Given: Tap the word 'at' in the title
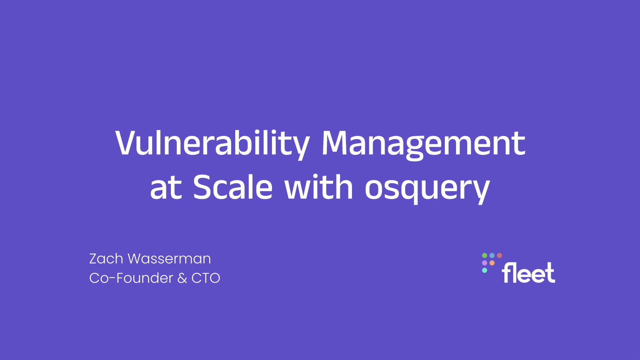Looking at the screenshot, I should click(166, 188).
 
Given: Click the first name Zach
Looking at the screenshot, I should click(106, 259).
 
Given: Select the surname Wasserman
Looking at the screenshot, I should click(169, 259).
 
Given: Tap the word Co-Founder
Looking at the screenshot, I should click(131, 278).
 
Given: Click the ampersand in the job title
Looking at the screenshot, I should click(182, 278).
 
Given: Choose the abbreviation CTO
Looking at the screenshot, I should click(206, 278).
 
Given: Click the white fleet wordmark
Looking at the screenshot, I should click(528, 273).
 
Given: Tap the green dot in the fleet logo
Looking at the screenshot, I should click(484, 256).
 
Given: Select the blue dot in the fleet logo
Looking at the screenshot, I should click(492, 256).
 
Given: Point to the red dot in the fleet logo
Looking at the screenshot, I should click(500, 256).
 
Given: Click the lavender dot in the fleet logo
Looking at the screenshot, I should click(484, 263).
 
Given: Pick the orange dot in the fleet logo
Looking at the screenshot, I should click(492, 263).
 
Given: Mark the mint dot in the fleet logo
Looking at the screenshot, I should click(484, 270).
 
